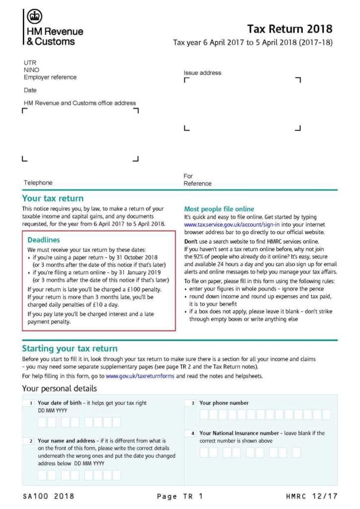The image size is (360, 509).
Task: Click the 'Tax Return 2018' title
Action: [290, 29]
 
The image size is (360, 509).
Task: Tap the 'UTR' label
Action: [30, 63]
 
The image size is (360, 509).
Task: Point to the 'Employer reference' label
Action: [50, 77]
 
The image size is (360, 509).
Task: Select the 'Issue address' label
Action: [202, 73]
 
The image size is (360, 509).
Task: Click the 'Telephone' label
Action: [38, 182]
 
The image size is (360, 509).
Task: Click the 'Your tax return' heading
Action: [53, 198]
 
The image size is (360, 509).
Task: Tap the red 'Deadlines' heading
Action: [44, 240]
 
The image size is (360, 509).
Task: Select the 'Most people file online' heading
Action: [219, 209]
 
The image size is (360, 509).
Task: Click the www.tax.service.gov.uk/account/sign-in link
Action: [236, 225]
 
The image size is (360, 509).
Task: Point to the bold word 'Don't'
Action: [191, 240]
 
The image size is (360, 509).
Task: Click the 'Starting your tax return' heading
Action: [70, 348]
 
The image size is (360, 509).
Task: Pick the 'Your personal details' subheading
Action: [60, 388]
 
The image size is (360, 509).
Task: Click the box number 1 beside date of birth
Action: [31, 403]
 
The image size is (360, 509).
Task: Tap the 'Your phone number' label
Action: [224, 403]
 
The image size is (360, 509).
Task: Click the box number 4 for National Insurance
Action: [193, 433]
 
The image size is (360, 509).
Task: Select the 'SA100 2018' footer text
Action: [48, 496]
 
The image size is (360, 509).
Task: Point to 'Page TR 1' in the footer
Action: [180, 496]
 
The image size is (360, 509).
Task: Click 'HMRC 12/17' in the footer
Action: [312, 496]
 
